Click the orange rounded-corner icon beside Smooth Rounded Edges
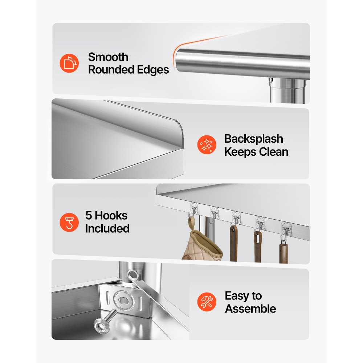[x=69, y=63]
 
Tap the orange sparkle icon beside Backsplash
[x=207, y=145]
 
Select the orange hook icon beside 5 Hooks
[x=69, y=223]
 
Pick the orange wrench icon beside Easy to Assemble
[x=207, y=302]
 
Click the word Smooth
[x=108, y=57]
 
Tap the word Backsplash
[x=254, y=139]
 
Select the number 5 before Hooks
[x=89, y=215]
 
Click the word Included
[x=107, y=228]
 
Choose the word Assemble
[x=250, y=309]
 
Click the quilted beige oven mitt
[x=202, y=245]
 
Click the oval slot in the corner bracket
[x=122, y=300]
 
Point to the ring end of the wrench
[x=132, y=275]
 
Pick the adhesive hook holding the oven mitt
[x=193, y=210]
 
